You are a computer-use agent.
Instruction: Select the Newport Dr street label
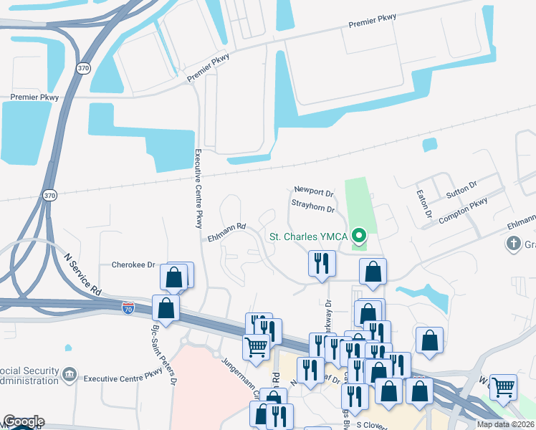pos(314,193)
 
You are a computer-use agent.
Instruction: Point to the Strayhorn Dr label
pos(314,209)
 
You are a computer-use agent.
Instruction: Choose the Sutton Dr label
pos(461,189)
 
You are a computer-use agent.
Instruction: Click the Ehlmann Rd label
pos(226,226)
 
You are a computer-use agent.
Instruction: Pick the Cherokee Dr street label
pos(133,264)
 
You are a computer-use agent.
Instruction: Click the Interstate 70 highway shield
pos(128,307)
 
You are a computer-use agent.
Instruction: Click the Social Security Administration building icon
pos(70,374)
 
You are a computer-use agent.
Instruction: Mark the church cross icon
pos(513,244)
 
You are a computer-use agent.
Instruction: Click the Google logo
pos(23,421)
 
